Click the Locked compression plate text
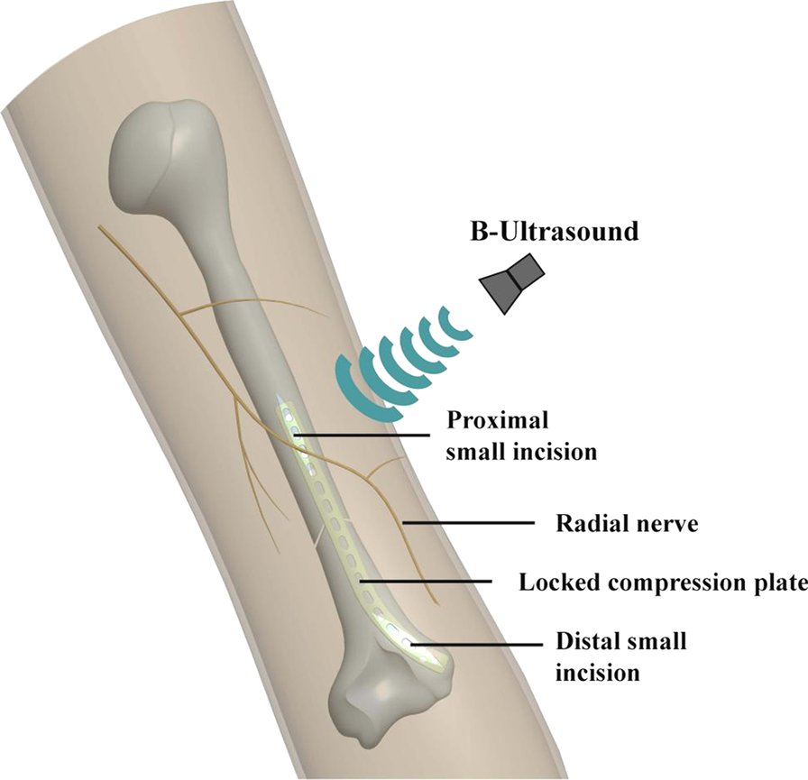click(x=662, y=583)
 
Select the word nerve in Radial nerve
click(x=666, y=523)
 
